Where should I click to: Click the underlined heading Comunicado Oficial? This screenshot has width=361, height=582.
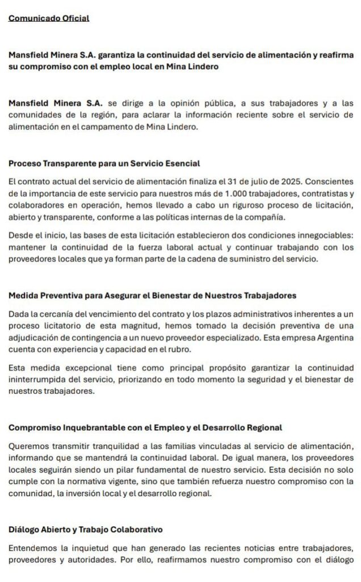[x=49, y=18]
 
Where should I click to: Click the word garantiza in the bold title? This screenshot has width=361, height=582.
[x=121, y=55]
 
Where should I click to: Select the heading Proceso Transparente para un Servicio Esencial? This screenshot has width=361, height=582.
[x=104, y=164]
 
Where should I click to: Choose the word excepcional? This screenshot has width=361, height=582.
[x=81, y=368]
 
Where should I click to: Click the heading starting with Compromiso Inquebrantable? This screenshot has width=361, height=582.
[x=145, y=427]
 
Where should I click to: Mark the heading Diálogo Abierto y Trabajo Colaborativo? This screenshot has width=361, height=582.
[x=86, y=529]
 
